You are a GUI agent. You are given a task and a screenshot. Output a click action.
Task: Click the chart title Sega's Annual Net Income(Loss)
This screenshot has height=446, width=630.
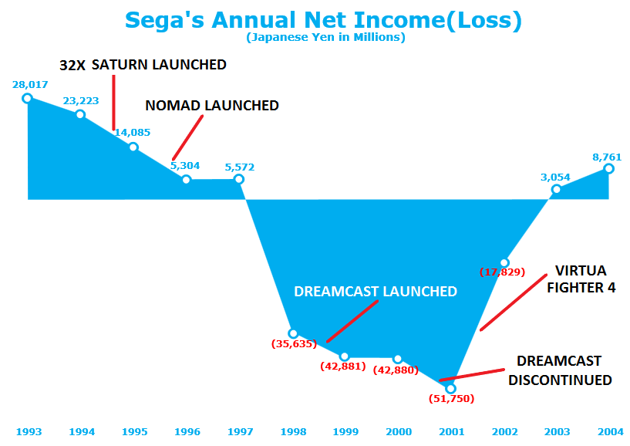click(x=323, y=20)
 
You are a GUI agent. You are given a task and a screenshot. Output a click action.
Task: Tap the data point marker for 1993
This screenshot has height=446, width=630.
click(x=27, y=98)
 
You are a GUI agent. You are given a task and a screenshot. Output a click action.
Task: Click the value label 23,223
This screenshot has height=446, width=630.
click(x=79, y=100)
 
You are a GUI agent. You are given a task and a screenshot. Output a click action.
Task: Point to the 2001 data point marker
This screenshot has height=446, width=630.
click(x=451, y=388)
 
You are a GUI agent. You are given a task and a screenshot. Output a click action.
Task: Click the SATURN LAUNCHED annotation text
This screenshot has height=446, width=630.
click(x=159, y=65)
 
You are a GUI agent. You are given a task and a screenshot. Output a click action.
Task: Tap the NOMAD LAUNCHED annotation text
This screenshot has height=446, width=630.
click(x=212, y=105)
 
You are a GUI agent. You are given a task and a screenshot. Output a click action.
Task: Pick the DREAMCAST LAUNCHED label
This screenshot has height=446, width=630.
click(x=376, y=292)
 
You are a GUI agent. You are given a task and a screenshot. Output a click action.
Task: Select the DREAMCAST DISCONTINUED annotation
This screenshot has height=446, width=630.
click(x=559, y=370)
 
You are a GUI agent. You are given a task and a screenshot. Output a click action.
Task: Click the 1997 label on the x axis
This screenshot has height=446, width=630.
click(x=240, y=431)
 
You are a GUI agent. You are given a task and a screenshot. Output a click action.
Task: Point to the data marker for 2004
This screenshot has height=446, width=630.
click(x=608, y=168)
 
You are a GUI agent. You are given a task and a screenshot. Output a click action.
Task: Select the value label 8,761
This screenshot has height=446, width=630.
click(x=606, y=157)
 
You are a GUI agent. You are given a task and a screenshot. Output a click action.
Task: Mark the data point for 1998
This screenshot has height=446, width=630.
click(x=293, y=333)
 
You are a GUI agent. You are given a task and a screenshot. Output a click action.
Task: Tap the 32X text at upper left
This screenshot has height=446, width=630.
click(x=72, y=66)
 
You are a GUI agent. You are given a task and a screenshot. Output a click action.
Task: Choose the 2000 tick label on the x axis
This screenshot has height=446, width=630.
click(x=398, y=431)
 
